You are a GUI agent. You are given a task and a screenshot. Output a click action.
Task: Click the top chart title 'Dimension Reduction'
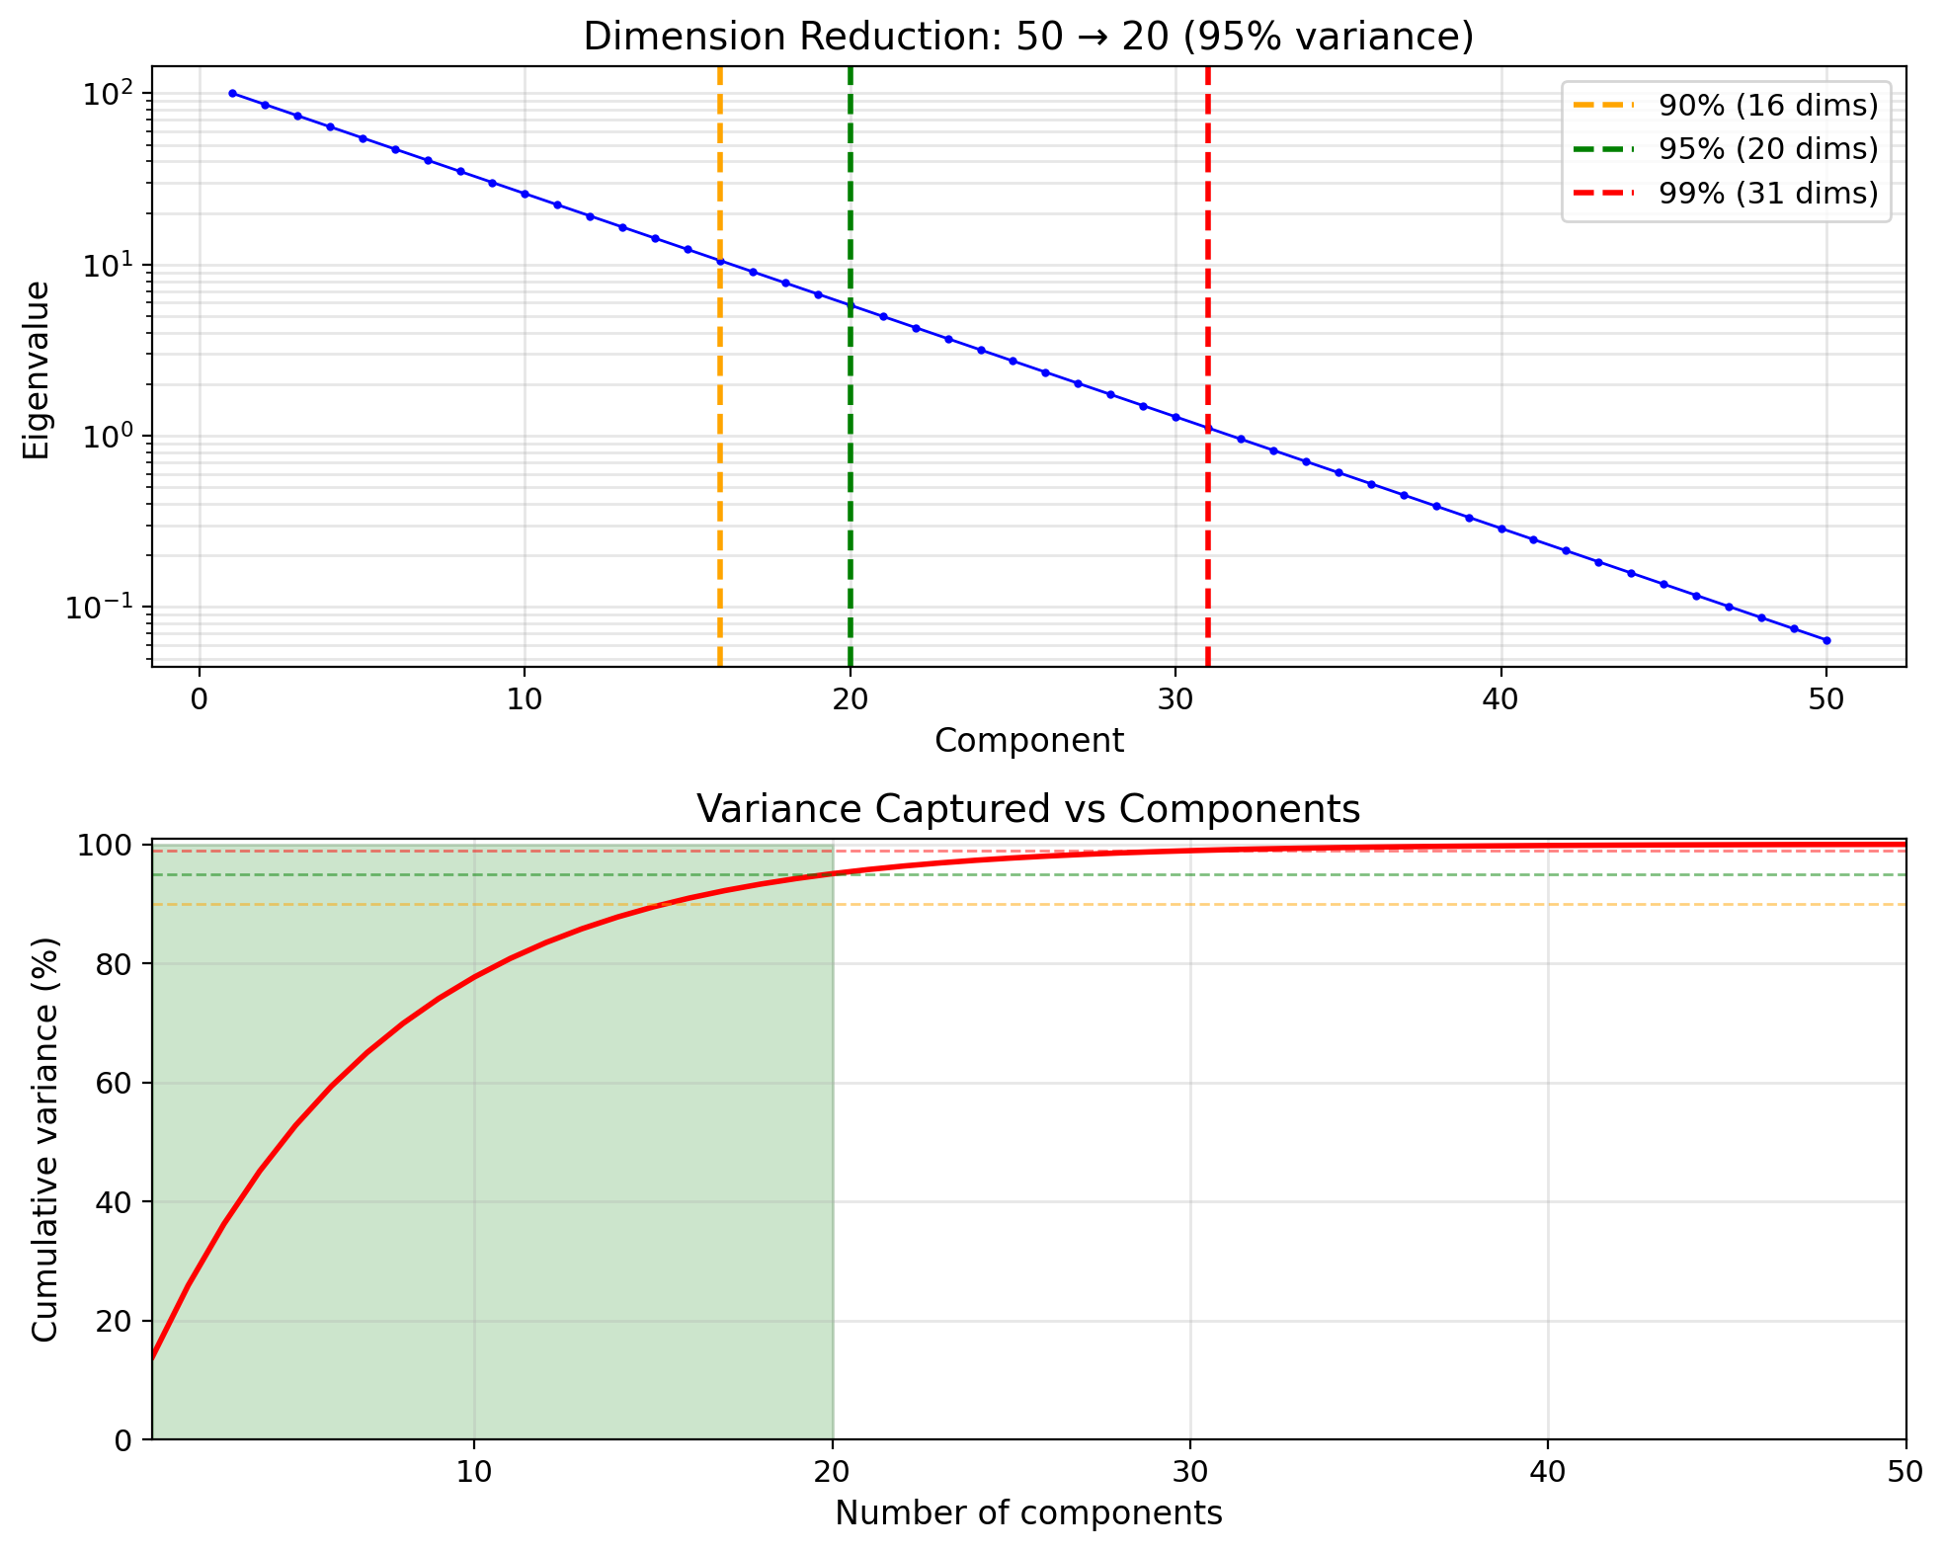pyautogui.click(x=1028, y=38)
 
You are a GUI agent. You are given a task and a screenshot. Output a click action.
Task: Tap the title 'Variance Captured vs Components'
pyautogui.click(x=1028, y=810)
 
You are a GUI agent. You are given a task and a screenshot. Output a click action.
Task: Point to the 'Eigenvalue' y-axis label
pyautogui.click(x=37, y=369)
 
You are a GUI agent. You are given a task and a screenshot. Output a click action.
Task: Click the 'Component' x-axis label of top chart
pyautogui.click(x=1028, y=741)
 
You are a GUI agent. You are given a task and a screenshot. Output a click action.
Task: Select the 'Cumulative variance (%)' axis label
pyautogui.click(x=44, y=1139)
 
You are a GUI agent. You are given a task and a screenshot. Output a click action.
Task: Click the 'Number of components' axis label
pyautogui.click(x=1028, y=1513)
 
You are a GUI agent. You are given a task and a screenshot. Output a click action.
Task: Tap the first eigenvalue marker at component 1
pyautogui.click(x=232, y=94)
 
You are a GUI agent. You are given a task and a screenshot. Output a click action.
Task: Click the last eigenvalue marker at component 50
pyautogui.click(x=1826, y=641)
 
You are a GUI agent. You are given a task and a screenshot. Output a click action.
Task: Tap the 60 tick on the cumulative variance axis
pyautogui.click(x=117, y=1084)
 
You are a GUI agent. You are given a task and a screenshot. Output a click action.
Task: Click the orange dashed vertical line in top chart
pyautogui.click(x=719, y=494)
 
